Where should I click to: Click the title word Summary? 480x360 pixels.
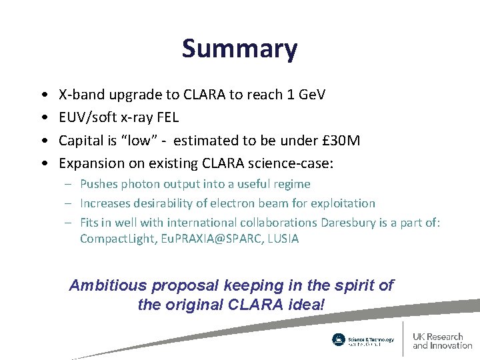click(239, 49)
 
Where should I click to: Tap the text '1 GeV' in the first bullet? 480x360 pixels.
click(303, 95)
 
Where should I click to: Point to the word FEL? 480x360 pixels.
click(167, 117)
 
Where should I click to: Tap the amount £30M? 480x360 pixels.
click(339, 140)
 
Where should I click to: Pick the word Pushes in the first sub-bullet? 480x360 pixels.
click(98, 184)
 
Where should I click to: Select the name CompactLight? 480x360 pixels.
click(117, 239)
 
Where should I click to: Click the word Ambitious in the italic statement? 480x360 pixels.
click(108, 286)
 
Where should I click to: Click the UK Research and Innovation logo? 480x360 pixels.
click(442, 341)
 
